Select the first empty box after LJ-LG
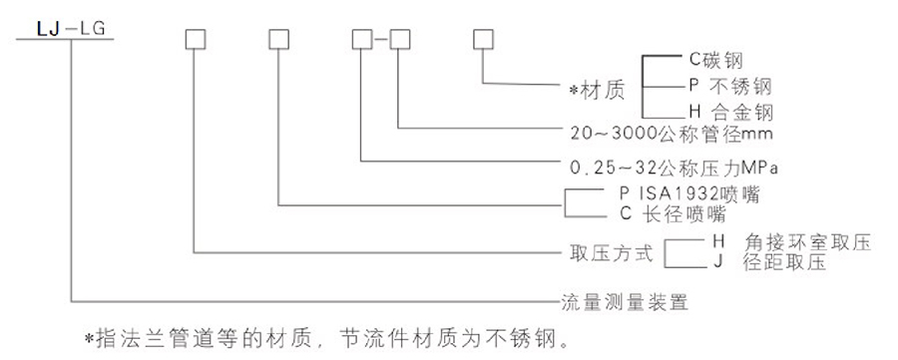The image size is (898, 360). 195,41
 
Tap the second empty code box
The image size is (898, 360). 278,41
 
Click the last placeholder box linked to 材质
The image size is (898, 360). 484,41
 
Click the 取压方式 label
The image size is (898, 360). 609,252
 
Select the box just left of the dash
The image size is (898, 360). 362,41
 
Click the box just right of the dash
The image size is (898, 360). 400,41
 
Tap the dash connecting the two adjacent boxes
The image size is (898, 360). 381,41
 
